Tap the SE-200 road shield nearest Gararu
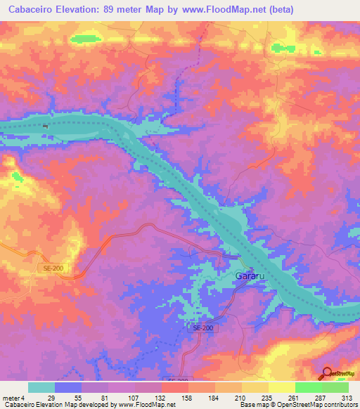pyautogui.click(x=202, y=328)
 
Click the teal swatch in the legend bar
pyautogui.click(x=41, y=387)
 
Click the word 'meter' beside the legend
pyautogui.click(x=10, y=398)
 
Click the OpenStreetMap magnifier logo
pyautogui.click(x=328, y=373)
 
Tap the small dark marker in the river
pyautogui.click(x=46, y=126)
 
